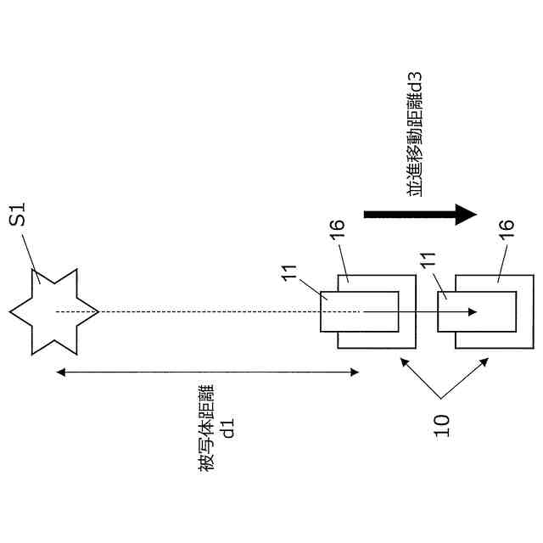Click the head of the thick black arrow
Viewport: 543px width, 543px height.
pyautogui.click(x=466, y=215)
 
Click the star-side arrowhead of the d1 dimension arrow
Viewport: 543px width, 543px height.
pyautogui.click(x=58, y=371)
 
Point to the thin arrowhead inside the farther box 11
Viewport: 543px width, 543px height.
pyautogui.click(x=475, y=312)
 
